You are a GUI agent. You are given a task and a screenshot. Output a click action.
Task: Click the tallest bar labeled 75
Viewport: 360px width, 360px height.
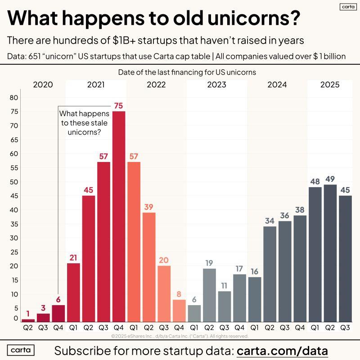coord(119,216)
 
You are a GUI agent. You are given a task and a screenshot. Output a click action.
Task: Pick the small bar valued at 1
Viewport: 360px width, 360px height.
coord(28,320)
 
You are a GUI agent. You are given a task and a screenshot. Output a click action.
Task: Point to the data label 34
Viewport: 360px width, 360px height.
coord(270,220)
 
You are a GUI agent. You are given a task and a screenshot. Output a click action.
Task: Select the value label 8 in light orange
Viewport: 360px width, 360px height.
coord(179,294)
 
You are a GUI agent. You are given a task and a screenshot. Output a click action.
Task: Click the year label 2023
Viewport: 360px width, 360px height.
coord(217,85)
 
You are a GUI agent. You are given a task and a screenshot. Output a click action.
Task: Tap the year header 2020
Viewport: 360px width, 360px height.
coord(43,85)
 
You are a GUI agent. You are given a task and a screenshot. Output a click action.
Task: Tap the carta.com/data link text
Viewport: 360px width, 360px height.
coord(282,350)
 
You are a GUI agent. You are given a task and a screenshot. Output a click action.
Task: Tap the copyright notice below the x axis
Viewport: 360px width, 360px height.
coord(180,336)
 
